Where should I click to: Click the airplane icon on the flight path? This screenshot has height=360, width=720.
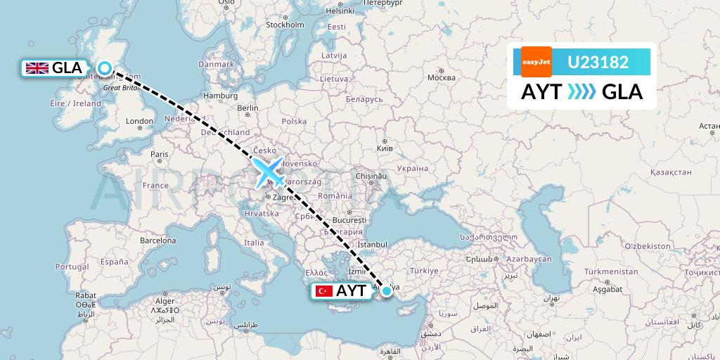[268, 172]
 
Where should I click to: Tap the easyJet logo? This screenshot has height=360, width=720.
[536, 62]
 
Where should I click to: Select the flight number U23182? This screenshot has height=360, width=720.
[598, 62]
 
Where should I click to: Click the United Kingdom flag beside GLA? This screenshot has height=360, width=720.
[37, 68]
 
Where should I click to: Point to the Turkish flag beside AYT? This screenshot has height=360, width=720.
[324, 291]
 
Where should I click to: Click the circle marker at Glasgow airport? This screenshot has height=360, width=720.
[105, 68]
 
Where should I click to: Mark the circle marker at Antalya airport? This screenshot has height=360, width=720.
[386, 290]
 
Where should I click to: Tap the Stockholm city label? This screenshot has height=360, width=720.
[284, 25]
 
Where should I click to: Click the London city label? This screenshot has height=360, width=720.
[139, 121]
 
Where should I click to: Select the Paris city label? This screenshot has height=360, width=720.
[160, 154]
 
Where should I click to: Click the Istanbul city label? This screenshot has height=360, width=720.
[373, 244]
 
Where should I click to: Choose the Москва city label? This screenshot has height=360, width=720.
[442, 77]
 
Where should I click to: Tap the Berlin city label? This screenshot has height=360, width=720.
[248, 108]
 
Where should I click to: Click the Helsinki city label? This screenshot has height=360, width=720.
[340, 11]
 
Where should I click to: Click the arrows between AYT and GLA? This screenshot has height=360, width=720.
[581, 91]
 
